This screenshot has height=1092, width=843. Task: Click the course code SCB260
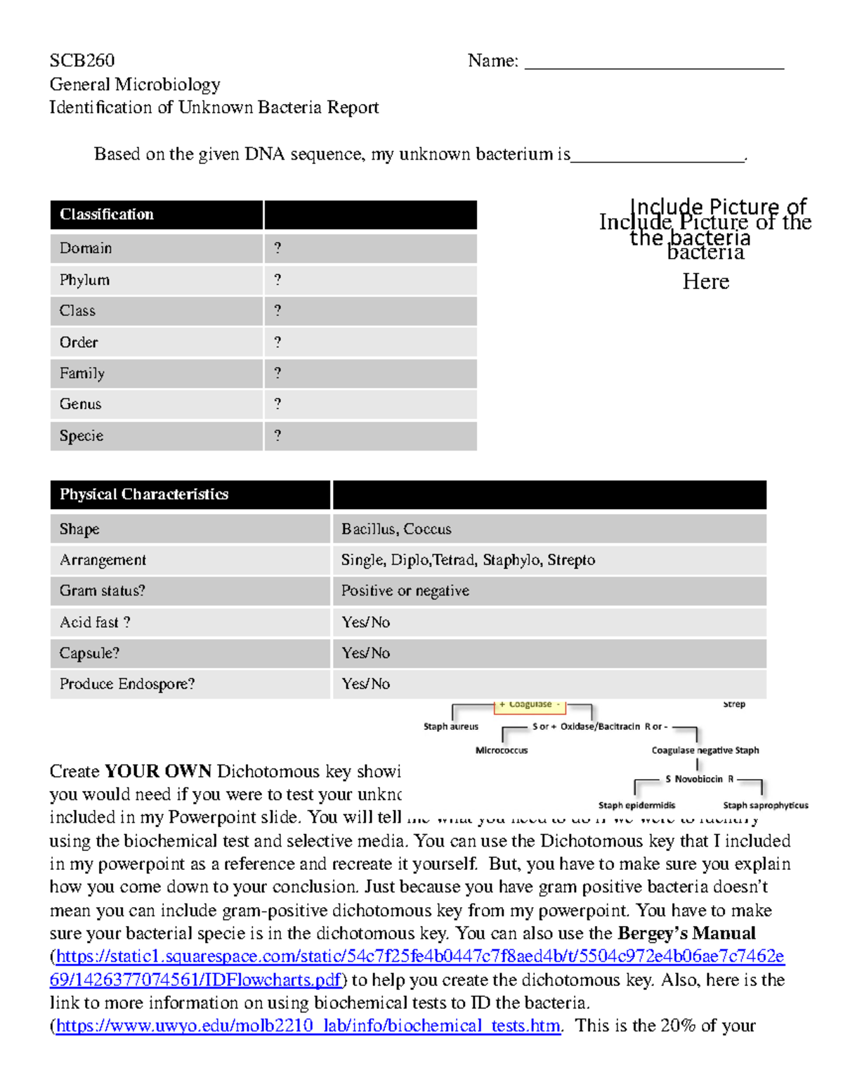pos(81,60)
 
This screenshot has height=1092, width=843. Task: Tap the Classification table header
pos(107,214)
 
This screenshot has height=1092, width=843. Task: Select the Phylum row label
pos(84,280)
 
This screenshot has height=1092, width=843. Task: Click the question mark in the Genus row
pos(277,404)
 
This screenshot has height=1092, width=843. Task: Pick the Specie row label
pos(81,436)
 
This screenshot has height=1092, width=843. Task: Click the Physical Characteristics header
pos(144,494)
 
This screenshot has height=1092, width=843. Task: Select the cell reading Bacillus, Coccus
pos(396,529)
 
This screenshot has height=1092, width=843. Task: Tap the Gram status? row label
pos(103,591)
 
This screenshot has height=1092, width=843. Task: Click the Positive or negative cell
pos(405,591)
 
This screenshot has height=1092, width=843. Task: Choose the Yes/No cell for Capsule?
pos(366,653)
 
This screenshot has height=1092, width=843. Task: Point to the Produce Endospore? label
pos(127,683)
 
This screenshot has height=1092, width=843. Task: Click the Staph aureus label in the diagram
pos(451,726)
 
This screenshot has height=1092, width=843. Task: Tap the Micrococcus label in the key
pos(502,750)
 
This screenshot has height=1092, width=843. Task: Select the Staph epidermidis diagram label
pos(636,805)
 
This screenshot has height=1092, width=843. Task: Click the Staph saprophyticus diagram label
pos(766,805)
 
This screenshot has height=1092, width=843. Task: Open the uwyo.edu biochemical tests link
pos(308,1026)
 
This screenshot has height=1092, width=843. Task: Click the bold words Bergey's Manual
pos(686,933)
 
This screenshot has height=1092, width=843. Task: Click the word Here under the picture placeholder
pos(706,281)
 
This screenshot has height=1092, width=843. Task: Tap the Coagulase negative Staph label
pos(705,750)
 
